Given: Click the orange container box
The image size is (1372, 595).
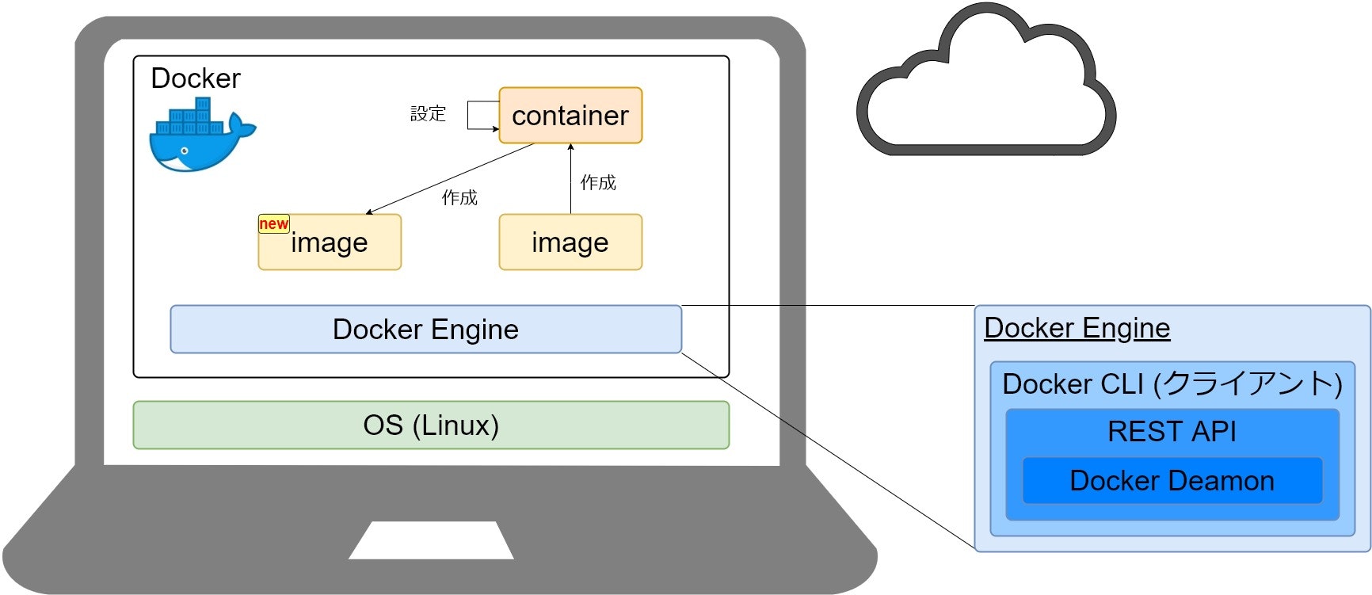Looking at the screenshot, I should (570, 116).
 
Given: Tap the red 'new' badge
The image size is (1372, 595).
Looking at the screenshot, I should (273, 224).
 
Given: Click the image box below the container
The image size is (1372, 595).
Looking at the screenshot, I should (570, 242).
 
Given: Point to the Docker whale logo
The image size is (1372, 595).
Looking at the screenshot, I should (200, 136).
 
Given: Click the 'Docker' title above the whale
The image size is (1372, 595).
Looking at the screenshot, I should (195, 78).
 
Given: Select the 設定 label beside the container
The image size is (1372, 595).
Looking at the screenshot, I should (428, 114).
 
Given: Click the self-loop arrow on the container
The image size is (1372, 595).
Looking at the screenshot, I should (471, 115).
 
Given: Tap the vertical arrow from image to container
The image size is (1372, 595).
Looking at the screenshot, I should (570, 178).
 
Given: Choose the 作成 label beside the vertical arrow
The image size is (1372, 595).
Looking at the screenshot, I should (598, 183).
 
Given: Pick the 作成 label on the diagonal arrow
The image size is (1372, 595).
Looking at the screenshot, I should (459, 198).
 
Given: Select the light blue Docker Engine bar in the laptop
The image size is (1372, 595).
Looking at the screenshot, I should (425, 330).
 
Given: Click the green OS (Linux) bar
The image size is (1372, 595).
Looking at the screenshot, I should (430, 425).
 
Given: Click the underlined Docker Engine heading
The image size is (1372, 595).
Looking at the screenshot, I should (1077, 328).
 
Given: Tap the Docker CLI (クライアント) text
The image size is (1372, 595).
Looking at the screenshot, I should (1172, 384).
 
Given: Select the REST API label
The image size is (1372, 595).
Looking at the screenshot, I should (1172, 432).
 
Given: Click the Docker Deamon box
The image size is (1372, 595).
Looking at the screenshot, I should (1172, 481).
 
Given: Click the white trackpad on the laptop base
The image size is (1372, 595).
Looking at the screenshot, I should (431, 540).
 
